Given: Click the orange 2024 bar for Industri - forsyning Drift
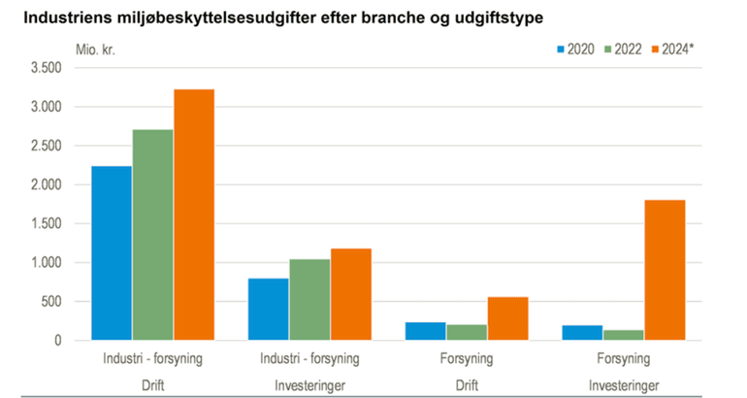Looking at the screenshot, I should [x=194, y=215].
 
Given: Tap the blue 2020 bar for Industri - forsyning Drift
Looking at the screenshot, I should [x=112, y=253].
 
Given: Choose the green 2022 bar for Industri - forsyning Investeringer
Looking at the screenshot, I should [x=310, y=300].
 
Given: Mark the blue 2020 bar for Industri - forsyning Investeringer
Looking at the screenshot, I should [x=269, y=310].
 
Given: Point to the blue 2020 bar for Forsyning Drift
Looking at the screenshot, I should [x=425, y=331].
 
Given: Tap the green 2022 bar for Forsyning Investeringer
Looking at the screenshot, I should [x=624, y=335].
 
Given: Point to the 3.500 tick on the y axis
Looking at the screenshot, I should [x=47, y=68].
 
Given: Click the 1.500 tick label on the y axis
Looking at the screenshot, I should [x=47, y=224].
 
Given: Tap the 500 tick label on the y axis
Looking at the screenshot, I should [x=52, y=302].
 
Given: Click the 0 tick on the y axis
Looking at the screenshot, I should [x=58, y=341].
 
